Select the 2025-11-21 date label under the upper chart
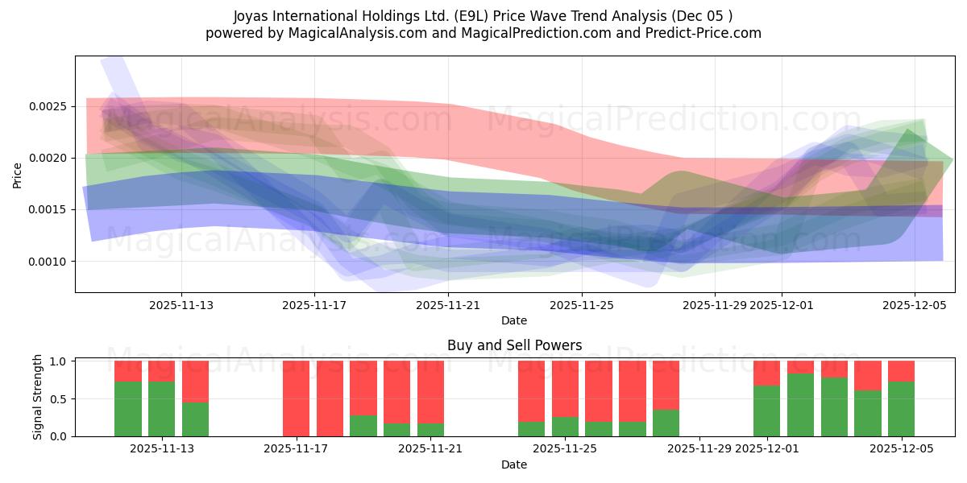448,305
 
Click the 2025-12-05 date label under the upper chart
914,305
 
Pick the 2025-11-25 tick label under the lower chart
565,448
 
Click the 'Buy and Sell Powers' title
514,345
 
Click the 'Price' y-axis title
18,175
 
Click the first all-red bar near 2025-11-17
296,398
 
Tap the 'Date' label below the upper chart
514,320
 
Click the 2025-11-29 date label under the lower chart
699,448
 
